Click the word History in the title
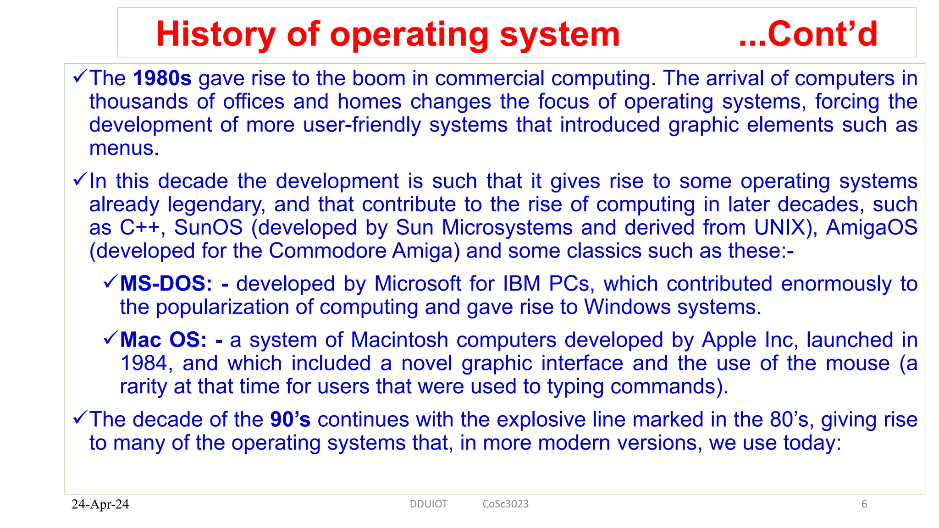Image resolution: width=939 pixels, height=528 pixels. pos(215,34)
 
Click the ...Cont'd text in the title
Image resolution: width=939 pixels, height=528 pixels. pos(808,34)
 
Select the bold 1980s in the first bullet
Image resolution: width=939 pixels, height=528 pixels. pos(162,78)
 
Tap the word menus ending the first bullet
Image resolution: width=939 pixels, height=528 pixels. pos(124,148)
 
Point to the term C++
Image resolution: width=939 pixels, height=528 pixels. pos(142,228)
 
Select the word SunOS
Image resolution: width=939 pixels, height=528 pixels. pos(208,228)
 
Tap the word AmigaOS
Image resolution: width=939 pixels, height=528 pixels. pos(871,228)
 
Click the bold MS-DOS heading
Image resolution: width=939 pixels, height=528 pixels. pos(166,284)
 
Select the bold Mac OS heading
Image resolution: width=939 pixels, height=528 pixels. pos(163,340)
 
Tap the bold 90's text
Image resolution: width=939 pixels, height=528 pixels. pos(290,419)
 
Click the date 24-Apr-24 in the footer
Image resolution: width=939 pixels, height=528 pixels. pos(100,504)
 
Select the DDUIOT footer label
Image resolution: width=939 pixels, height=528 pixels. pos(428,504)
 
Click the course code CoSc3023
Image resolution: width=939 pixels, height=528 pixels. pos(505,504)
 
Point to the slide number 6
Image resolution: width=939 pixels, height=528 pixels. pos(864,504)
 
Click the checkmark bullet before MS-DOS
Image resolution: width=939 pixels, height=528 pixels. pos(110,281)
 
